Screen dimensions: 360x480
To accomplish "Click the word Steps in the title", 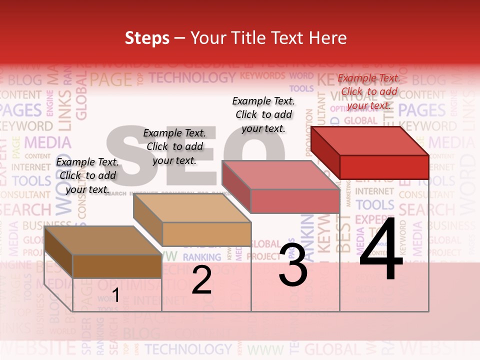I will [147, 38].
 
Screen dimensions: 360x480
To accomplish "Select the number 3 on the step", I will [293, 264].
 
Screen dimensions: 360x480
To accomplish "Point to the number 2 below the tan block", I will [201, 280].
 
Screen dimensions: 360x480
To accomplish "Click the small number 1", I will [115, 295].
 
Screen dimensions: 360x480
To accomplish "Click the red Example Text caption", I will [369, 91].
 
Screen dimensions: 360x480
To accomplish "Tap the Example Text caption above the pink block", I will [263, 114].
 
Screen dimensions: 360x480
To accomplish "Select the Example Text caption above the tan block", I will [174, 146].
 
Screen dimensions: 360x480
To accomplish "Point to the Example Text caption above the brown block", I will [87, 175].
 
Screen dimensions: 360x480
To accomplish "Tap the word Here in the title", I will [327, 38].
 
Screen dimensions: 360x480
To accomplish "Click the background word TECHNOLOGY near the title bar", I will [191, 78].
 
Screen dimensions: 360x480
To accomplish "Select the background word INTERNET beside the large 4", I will [374, 191].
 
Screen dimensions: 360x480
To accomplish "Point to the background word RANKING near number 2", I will [201, 257].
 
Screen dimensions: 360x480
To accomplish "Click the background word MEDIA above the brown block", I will [47, 142].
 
